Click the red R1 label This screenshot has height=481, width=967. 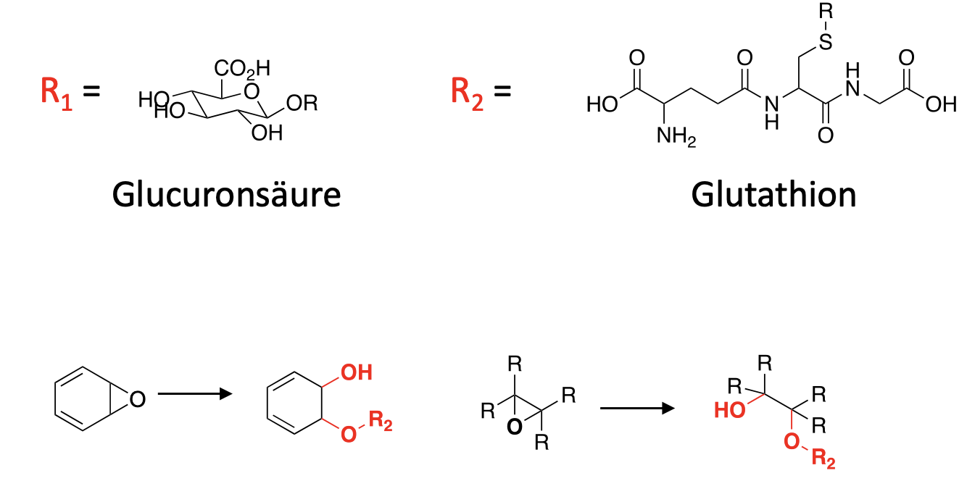(57, 93)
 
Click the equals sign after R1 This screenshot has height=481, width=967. (91, 92)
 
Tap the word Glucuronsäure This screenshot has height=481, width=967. (226, 194)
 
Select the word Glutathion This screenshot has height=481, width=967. (773, 194)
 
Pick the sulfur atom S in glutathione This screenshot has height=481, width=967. (825, 42)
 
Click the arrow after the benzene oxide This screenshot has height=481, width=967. (194, 394)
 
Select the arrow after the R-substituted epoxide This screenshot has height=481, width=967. (637, 409)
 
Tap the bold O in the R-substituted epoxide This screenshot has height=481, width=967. (514, 427)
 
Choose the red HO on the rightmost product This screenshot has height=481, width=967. (729, 411)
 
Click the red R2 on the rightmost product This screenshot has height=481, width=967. (823, 459)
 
